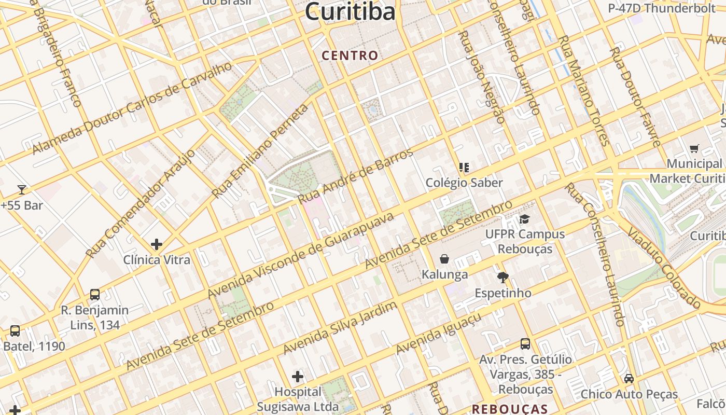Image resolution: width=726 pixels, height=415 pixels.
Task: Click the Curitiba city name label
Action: (350, 11)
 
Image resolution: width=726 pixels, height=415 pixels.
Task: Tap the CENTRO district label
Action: (350, 55)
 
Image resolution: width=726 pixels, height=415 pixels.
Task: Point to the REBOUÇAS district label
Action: (509, 409)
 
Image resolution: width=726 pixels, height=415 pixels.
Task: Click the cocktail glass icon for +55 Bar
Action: (22, 189)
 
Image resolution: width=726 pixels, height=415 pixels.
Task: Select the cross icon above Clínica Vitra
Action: (157, 244)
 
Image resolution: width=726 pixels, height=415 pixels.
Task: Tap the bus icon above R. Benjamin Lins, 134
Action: (95, 294)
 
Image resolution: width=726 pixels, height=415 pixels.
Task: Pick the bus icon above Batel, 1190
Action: (15, 330)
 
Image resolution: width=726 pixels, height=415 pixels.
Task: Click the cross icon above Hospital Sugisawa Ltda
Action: (298, 376)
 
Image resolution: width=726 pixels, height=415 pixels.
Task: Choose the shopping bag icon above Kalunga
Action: (444, 259)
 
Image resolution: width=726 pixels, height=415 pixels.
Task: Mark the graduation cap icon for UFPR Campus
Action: (525, 219)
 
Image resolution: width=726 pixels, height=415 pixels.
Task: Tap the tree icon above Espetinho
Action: (502, 278)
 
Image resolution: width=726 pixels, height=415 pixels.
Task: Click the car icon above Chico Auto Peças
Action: (629, 379)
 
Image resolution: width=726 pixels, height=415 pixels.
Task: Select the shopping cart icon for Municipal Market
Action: (694, 149)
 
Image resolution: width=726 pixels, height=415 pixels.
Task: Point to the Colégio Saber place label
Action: (464, 183)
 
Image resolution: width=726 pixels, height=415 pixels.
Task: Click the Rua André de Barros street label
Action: (356, 176)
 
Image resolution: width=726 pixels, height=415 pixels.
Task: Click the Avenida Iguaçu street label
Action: (439, 334)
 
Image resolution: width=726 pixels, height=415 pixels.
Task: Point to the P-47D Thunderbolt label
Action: (662, 8)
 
